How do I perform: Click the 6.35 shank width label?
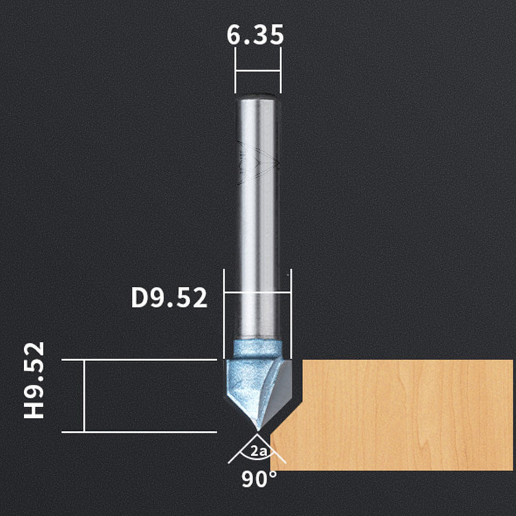point(255,35)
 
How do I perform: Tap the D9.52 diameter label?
point(169,298)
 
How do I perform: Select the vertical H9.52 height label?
point(34,380)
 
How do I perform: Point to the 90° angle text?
point(259,479)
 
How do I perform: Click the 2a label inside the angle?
point(259,451)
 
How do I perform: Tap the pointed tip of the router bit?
point(257,430)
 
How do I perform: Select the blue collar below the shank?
point(257,349)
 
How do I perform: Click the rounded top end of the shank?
point(257,98)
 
